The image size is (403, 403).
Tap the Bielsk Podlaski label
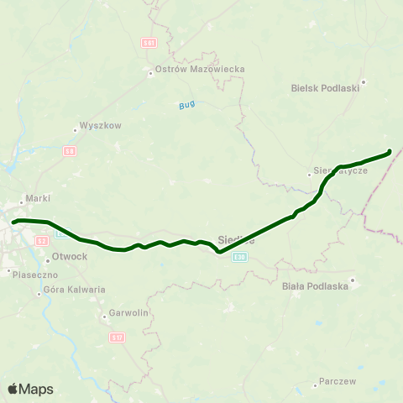(325, 86)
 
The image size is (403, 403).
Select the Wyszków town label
(101, 126)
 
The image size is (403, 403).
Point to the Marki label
(39, 198)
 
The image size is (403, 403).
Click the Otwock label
(69, 256)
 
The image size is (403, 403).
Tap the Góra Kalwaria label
(75, 290)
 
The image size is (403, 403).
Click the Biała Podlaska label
(315, 285)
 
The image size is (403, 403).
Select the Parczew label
(338, 381)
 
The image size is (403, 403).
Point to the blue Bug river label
(186, 105)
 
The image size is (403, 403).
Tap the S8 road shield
(70, 150)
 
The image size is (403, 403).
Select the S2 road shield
(42, 240)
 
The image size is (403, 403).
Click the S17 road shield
(116, 338)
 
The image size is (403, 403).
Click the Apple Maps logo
(30, 389)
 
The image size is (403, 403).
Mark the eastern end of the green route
(390, 152)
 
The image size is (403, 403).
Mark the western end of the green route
(13, 222)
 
